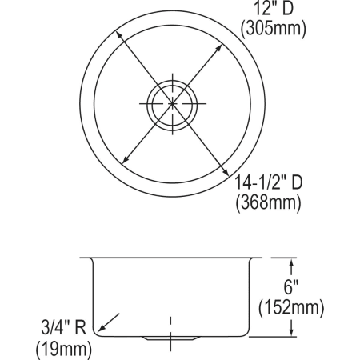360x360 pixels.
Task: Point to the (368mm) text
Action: pyautogui.click(x=267, y=203)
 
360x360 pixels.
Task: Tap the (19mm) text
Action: pyautogui.click(x=62, y=348)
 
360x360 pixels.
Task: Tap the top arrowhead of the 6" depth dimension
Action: pyautogui.click(x=291, y=262)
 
